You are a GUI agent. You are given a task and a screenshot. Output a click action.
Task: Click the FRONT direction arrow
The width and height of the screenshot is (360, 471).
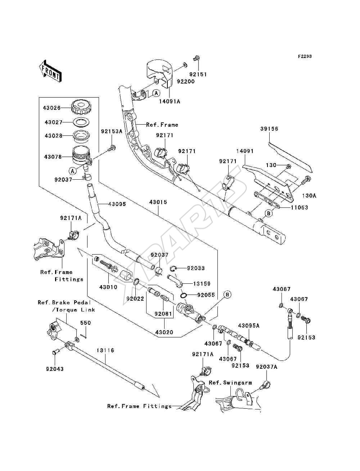click(50, 72)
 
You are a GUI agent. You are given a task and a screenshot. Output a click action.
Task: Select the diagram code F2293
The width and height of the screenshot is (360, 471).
click(305, 57)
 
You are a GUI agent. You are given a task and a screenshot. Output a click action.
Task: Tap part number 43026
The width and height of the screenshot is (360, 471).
click(52, 108)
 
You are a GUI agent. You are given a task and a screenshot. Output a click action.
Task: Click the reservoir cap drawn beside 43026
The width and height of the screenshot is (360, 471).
click(80, 107)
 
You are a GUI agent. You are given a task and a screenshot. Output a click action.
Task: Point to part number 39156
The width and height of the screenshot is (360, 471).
click(269, 129)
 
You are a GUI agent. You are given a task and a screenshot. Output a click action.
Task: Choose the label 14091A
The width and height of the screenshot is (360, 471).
click(170, 101)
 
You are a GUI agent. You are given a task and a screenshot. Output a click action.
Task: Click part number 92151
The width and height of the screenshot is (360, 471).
click(198, 74)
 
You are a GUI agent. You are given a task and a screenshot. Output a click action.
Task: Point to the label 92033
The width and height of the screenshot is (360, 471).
click(196, 268)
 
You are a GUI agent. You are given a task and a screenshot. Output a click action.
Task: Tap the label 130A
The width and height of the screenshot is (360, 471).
click(309, 196)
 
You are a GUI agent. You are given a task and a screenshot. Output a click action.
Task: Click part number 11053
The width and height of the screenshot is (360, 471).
click(299, 207)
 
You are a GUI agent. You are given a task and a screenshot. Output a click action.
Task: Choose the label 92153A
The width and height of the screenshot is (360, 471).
click(112, 131)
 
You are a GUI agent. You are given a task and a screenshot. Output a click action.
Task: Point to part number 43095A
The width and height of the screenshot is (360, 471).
click(249, 326)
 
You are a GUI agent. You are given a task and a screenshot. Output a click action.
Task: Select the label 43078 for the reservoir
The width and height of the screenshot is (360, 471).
click(53, 157)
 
